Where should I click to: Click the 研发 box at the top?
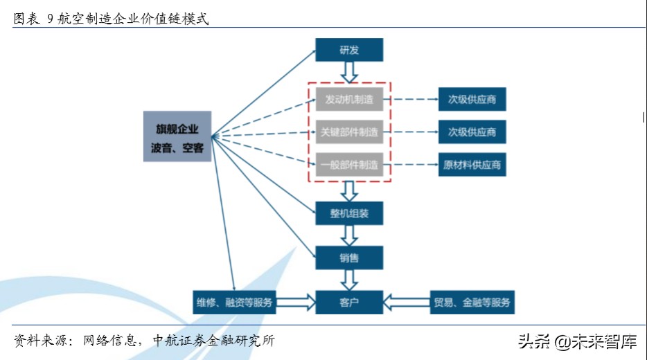pos(349,50)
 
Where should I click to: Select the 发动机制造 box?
pos(349,100)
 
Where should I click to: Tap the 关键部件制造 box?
pos(349,132)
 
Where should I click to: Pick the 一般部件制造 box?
pos(349,164)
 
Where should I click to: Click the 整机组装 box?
pos(349,213)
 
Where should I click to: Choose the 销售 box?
pos(349,258)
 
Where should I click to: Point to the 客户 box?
pos(349,302)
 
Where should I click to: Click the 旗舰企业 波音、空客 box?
pos(177,136)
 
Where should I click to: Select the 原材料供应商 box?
pos(472,164)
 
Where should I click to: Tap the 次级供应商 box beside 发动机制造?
pos(472,100)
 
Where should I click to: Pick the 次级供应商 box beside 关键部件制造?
pos(472,132)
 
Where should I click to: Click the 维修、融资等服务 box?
pos(233,302)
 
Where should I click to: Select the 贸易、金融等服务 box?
pos(472,302)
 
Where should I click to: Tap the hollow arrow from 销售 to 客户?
pos(349,280)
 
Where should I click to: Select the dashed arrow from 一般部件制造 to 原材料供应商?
pos(414,164)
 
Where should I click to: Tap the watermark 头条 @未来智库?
pos(576,341)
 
